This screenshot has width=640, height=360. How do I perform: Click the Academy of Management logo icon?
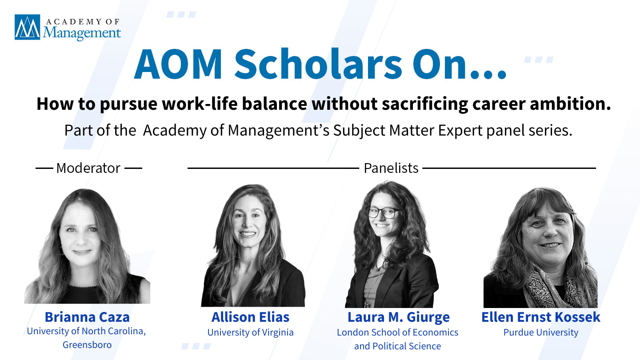(x=28, y=27)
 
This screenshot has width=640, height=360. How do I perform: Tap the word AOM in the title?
(x=178, y=64)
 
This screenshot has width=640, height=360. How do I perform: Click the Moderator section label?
(x=88, y=168)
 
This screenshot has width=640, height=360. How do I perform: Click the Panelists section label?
(x=391, y=168)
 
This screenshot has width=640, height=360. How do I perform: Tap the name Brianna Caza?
(x=87, y=317)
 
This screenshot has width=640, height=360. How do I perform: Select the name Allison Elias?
(x=250, y=317)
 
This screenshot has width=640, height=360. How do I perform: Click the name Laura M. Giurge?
(x=399, y=317)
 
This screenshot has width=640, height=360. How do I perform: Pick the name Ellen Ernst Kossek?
(x=541, y=317)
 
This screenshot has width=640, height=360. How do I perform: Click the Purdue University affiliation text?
(x=541, y=332)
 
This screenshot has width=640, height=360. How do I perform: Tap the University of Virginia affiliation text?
(x=250, y=332)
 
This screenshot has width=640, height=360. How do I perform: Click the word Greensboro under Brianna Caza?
(x=87, y=345)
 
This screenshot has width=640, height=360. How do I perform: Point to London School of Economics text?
(x=398, y=332)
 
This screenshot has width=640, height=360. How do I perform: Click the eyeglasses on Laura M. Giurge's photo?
(x=383, y=213)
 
